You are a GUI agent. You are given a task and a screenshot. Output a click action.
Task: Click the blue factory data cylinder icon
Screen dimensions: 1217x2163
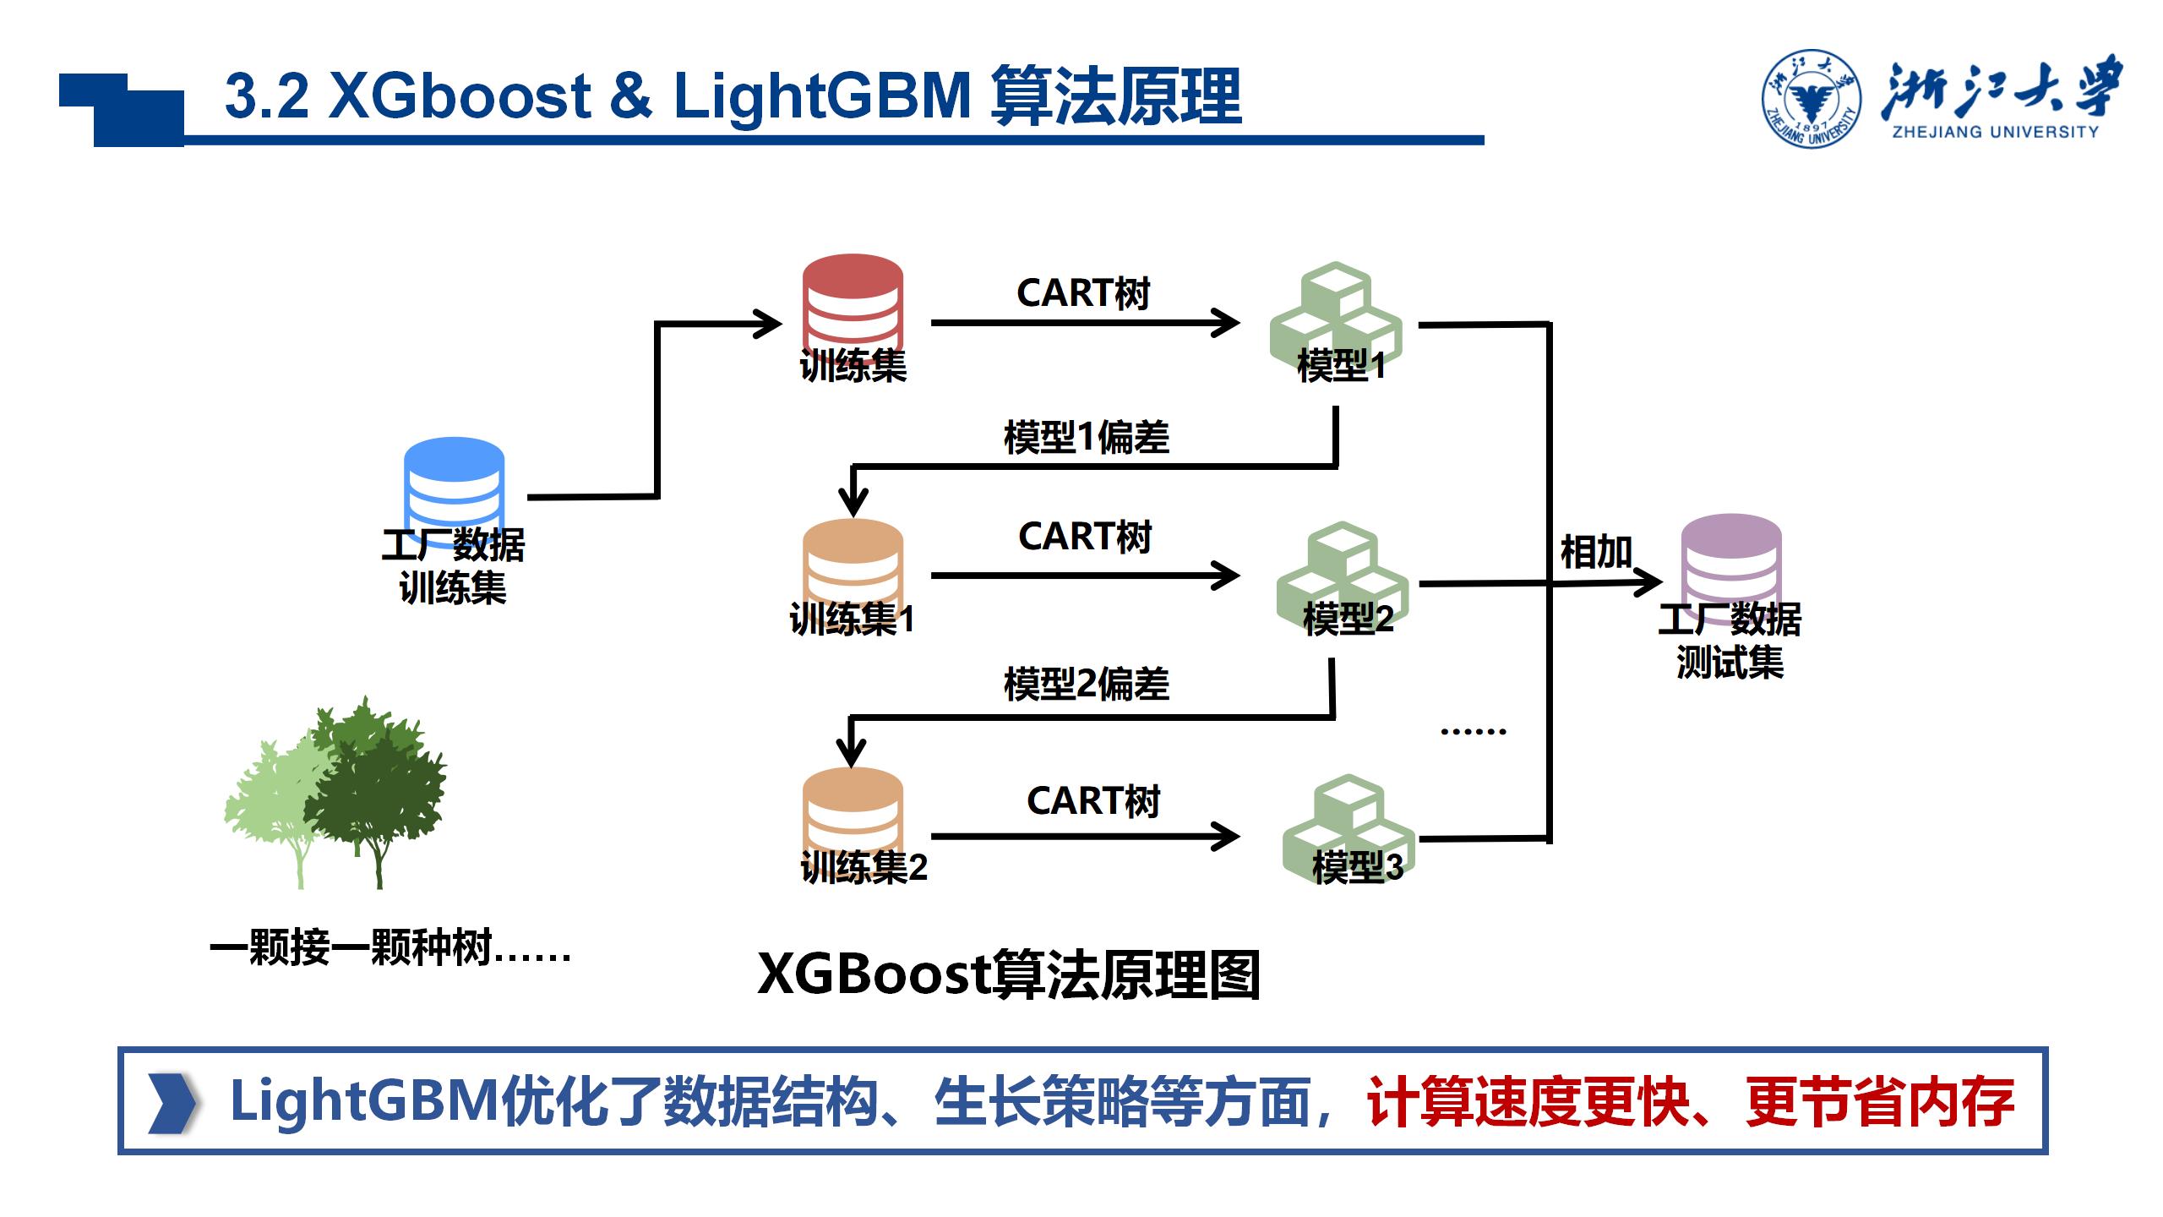pyautogui.click(x=454, y=482)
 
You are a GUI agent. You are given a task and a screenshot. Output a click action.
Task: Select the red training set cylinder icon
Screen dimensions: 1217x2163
pyautogui.click(x=853, y=300)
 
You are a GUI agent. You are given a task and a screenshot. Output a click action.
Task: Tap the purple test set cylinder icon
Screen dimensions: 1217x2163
pyautogui.click(x=1731, y=558)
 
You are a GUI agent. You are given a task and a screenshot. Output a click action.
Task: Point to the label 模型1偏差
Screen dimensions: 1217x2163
pyautogui.click(x=1087, y=438)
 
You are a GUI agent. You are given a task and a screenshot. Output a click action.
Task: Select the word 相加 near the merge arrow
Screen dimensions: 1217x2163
pyautogui.click(x=1595, y=553)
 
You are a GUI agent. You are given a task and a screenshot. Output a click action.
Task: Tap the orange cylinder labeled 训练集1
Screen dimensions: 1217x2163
pyautogui.click(x=853, y=562)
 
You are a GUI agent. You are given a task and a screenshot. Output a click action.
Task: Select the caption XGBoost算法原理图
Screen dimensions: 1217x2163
pyautogui.click(x=1009, y=975)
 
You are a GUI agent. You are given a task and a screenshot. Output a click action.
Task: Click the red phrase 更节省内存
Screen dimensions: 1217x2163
pyautogui.click(x=1879, y=1102)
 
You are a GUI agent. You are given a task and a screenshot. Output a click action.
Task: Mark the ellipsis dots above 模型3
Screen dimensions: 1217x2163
pyautogui.click(x=1473, y=732)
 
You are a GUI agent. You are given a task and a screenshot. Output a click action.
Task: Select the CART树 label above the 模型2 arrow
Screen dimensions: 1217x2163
pyautogui.click(x=1085, y=537)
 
